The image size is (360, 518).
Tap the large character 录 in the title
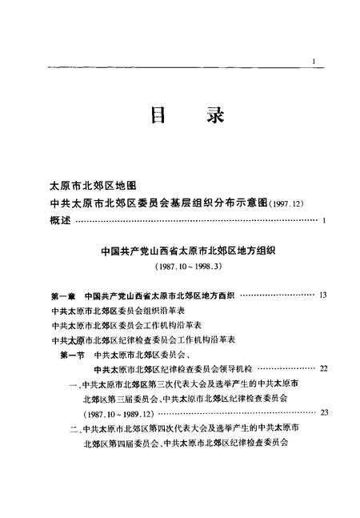[210, 118]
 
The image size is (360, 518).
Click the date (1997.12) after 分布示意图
[290, 203]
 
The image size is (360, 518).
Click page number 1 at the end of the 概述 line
[324, 220]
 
